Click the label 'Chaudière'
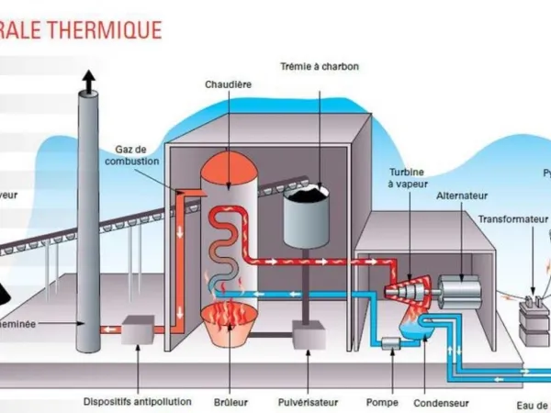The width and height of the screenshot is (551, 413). [x=229, y=84]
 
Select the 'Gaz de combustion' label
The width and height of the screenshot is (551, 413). [x=137, y=155]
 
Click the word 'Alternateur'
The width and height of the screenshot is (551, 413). [x=462, y=195]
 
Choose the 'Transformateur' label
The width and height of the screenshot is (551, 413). [x=512, y=219]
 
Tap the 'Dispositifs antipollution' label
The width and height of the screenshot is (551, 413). [x=137, y=401]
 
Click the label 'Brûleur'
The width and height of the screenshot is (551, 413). [x=229, y=401]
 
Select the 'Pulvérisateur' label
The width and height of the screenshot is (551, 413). [x=308, y=401]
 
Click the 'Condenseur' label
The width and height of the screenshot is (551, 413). [x=440, y=401]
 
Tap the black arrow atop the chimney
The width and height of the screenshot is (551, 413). [x=88, y=84]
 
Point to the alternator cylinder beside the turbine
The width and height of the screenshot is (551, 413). [x=458, y=292]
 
